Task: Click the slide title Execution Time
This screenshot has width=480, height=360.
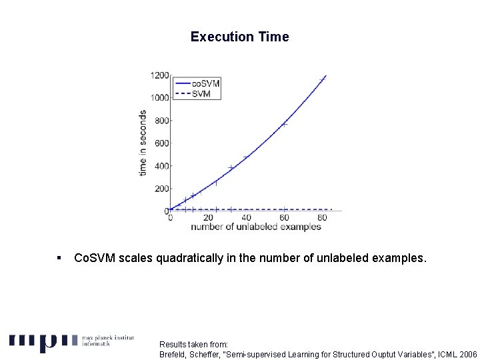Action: point(239,37)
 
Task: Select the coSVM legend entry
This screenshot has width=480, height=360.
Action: point(205,83)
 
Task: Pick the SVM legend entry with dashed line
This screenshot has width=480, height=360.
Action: point(201,93)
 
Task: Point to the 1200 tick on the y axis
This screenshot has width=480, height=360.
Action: point(159,75)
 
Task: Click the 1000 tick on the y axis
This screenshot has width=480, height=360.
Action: point(159,98)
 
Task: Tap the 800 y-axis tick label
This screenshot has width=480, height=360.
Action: point(161,121)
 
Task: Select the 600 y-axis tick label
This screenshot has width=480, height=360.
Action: point(161,143)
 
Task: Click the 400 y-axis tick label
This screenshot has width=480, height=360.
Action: point(161,166)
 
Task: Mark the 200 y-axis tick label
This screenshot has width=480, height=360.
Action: point(161,189)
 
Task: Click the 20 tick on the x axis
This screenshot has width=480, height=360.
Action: point(208,218)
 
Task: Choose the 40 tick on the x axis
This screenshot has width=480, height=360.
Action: point(246,218)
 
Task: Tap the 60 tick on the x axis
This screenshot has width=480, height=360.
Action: point(284,218)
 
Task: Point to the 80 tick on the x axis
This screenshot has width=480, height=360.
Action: point(322,218)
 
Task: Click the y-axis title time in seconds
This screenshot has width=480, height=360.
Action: point(143,143)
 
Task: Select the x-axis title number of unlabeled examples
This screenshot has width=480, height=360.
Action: point(255,227)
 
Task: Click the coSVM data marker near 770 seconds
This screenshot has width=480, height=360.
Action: point(284,124)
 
